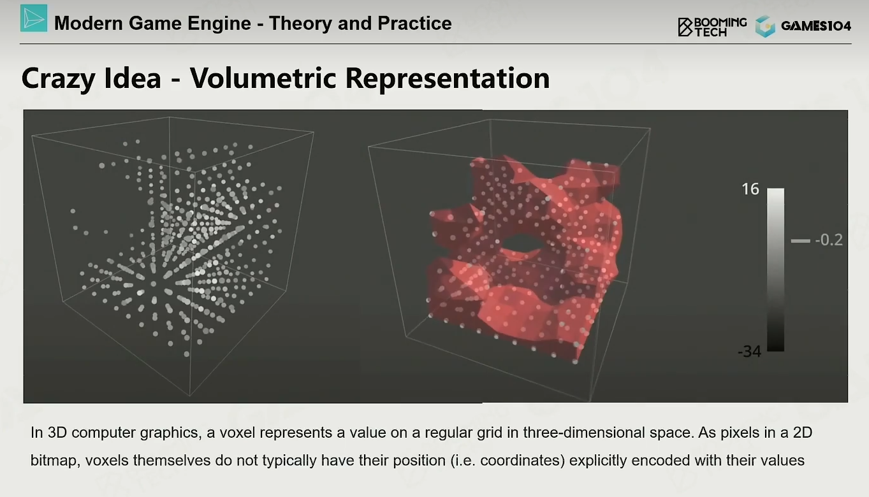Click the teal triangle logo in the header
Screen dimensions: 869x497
[x=34, y=18]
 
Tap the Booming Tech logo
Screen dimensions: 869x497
[x=712, y=27]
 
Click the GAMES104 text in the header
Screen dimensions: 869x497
[x=816, y=26]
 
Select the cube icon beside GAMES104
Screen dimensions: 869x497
[x=765, y=26]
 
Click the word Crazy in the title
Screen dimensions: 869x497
[x=58, y=79]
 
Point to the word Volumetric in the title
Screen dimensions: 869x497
[x=263, y=78]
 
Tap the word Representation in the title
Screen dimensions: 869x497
[x=448, y=79]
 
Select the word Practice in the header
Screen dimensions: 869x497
[x=414, y=24]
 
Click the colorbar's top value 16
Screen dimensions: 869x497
[x=750, y=189]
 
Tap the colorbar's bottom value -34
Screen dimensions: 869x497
[x=749, y=352]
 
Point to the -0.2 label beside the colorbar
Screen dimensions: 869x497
[x=829, y=240]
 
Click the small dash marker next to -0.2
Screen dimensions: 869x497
[x=800, y=241]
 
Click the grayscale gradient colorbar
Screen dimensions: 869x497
[x=775, y=270]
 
